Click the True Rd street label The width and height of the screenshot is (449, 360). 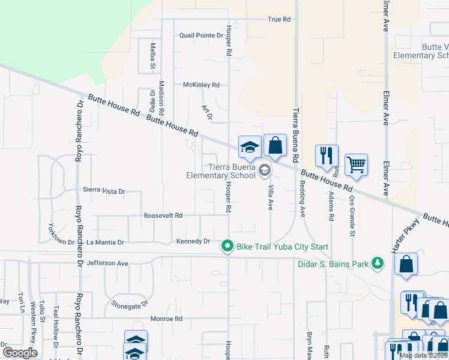pyautogui.click(x=279, y=19)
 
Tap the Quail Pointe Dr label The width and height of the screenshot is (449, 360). pyautogui.click(x=201, y=35)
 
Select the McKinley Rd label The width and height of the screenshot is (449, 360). pyautogui.click(x=201, y=85)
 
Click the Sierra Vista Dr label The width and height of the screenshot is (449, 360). pyautogui.click(x=104, y=191)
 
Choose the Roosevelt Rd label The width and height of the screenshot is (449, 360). pyautogui.click(x=163, y=215)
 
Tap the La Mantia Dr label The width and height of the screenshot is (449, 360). pyautogui.click(x=105, y=242)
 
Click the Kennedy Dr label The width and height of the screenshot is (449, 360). pyautogui.click(x=193, y=241)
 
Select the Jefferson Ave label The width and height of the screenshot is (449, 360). pyautogui.click(x=107, y=263)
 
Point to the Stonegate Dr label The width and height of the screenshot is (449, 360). pyautogui.click(x=129, y=304)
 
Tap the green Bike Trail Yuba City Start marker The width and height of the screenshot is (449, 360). pyautogui.click(x=228, y=246)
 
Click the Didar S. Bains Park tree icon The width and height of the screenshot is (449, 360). pyautogui.click(x=378, y=263)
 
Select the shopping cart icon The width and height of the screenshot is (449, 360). pyautogui.click(x=356, y=164)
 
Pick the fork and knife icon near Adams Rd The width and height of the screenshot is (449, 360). pyautogui.click(x=326, y=155)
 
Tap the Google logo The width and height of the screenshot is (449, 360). pyautogui.click(x=19, y=353)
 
